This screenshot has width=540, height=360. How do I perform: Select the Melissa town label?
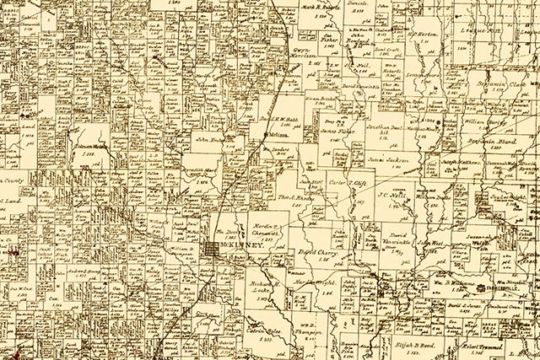coord(276,134)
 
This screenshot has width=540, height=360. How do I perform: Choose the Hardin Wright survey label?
coord(311,283)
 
